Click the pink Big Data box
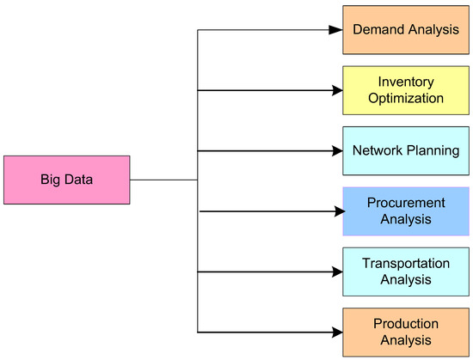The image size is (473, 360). [67, 180]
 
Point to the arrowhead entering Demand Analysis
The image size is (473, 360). [336, 30]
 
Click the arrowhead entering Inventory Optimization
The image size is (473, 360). [336, 90]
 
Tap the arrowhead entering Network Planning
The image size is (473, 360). [336, 150]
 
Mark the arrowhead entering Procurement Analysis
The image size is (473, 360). [336, 211]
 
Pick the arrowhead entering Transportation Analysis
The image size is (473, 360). [336, 272]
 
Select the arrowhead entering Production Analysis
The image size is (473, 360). [336, 332]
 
